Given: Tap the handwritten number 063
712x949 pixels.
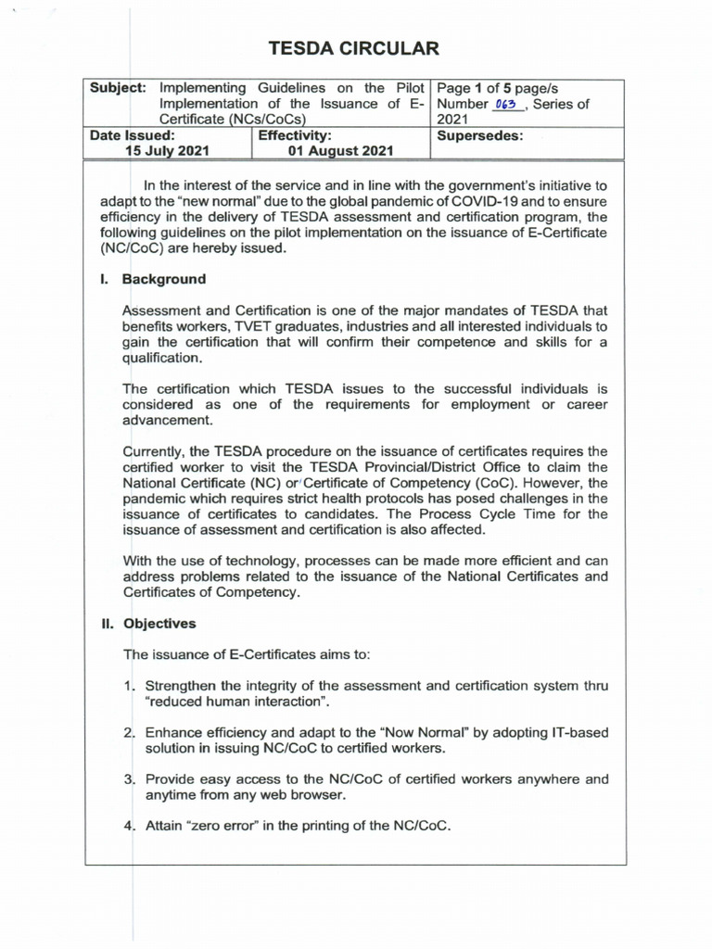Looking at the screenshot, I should pos(505,105).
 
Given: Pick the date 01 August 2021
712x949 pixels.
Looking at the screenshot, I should pos(341,151).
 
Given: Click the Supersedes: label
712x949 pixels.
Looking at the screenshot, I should pos(479,135).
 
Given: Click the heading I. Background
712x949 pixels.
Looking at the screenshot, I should pos(153,279).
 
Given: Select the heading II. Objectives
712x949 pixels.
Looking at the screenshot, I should pos(148,624).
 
